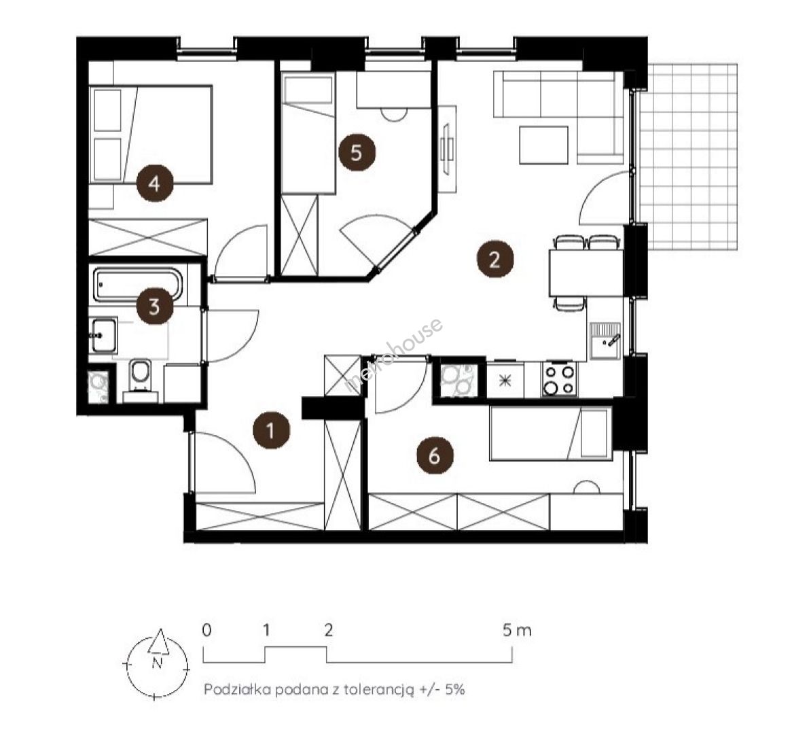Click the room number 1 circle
click(x=271, y=431)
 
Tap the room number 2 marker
click(x=495, y=260)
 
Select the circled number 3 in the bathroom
click(x=155, y=306)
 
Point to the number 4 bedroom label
click(x=155, y=183)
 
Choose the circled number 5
click(x=357, y=152)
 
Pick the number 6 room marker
click(x=435, y=456)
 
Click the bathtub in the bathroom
click(x=137, y=285)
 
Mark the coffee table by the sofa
click(x=544, y=145)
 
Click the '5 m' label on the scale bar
click(x=517, y=631)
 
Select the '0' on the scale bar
click(x=206, y=631)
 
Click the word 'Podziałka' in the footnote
click(x=237, y=690)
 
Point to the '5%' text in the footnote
click(x=454, y=690)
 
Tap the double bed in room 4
click(x=151, y=134)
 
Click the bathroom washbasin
click(x=104, y=334)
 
